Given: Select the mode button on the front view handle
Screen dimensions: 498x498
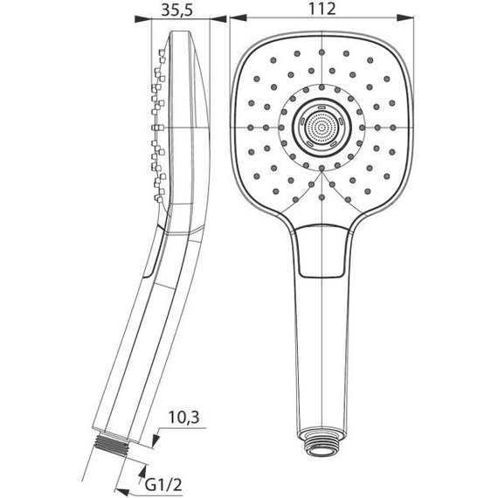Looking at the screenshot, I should click(322, 252).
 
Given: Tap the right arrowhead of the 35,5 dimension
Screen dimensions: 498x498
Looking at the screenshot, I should click(206, 19).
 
